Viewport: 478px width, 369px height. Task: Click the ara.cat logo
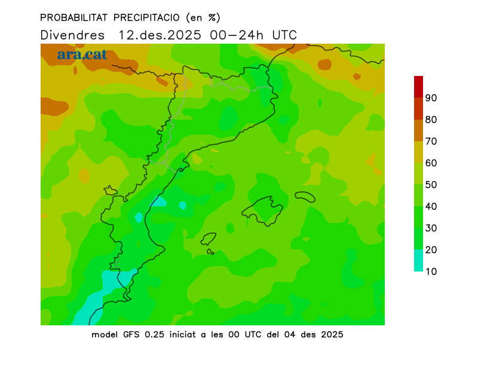point(82,54)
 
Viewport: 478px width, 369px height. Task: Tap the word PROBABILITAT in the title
point(70,17)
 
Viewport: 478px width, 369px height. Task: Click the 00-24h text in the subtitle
point(237,35)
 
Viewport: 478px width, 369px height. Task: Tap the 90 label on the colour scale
point(431,97)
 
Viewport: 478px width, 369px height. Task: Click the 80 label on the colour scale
point(431,120)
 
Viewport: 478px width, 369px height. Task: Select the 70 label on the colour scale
point(431,141)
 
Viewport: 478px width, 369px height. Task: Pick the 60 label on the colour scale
point(431,163)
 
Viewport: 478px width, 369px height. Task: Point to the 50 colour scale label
point(431,185)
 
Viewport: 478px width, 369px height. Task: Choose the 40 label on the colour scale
point(431,206)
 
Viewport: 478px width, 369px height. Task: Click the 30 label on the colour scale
point(431,228)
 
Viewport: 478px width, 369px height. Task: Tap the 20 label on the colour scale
point(431,250)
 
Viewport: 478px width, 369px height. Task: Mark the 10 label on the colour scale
point(431,272)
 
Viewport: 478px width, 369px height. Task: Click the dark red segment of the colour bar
point(418,86)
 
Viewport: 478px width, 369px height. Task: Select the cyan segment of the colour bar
point(418,261)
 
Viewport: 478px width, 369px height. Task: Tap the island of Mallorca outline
point(263,210)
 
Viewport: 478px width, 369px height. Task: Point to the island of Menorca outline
point(305,196)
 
